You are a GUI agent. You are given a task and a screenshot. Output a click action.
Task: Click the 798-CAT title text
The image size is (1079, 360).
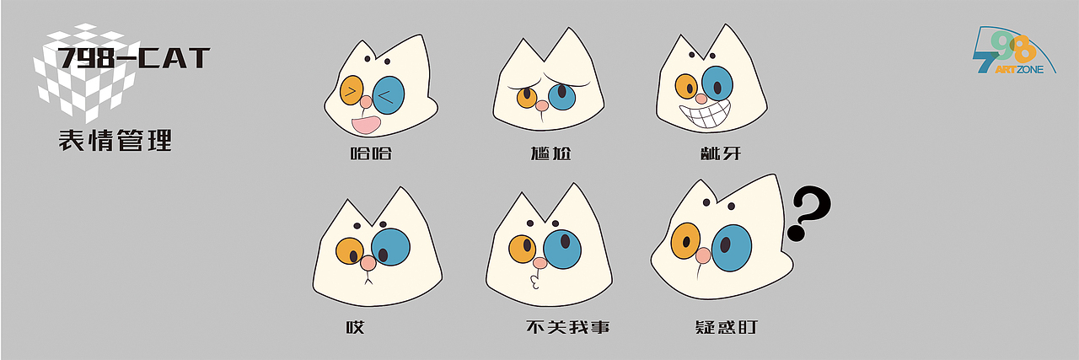[x=133, y=59]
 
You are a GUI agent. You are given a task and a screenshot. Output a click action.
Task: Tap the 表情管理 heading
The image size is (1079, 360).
[x=115, y=140]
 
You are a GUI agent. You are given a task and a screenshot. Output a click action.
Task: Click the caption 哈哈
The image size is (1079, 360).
[x=371, y=153]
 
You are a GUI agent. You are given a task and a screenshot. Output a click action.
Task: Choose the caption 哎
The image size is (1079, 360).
[x=355, y=326]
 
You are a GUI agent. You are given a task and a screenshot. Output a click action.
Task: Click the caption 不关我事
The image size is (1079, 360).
[x=566, y=326]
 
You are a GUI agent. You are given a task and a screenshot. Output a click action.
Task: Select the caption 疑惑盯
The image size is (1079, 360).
[x=723, y=326]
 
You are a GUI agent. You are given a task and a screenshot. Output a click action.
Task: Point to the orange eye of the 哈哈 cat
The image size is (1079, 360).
[x=352, y=90]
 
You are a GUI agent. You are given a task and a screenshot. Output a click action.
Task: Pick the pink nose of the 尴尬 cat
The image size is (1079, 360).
[x=542, y=105]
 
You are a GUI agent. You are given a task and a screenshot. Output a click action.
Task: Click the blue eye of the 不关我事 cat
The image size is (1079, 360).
[x=562, y=248]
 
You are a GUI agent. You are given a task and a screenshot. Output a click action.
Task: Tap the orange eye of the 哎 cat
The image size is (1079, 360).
[x=349, y=250]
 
